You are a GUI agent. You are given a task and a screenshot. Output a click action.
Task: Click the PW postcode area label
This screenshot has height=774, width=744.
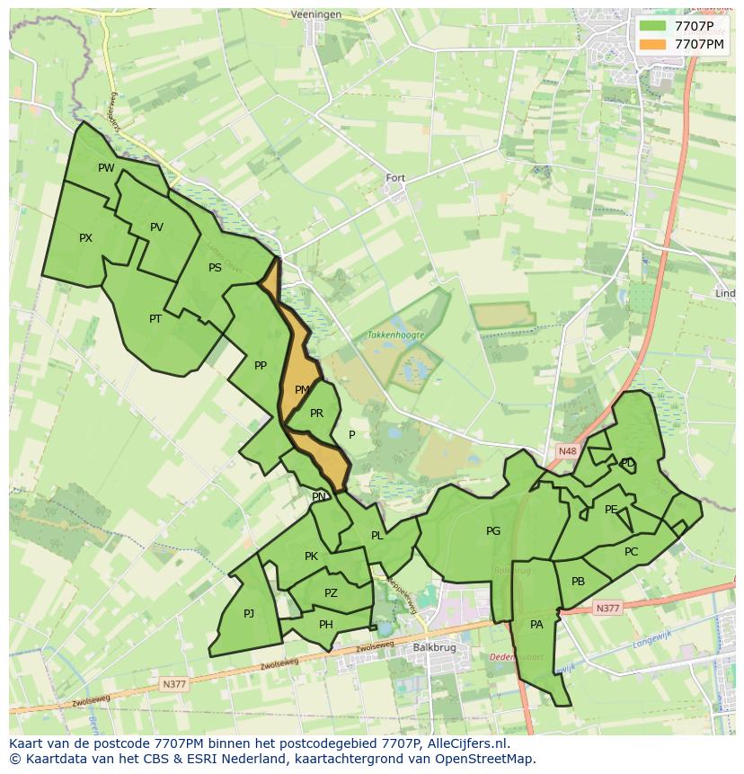(106, 168)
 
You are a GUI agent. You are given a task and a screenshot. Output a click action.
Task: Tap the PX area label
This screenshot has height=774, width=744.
(85, 238)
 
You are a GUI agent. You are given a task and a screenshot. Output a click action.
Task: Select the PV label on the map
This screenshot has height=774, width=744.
(156, 227)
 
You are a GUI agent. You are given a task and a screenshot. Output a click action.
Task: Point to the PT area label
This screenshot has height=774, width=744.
(155, 319)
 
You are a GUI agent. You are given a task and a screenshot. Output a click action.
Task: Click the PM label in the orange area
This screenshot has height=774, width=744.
(302, 390)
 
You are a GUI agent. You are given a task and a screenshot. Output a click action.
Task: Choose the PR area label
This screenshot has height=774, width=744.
(316, 414)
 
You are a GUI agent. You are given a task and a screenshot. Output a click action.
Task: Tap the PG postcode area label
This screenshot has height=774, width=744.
(493, 531)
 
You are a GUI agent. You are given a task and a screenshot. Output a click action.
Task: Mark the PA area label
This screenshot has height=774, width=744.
(536, 625)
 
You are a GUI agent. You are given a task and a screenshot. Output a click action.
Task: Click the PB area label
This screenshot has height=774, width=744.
(578, 582)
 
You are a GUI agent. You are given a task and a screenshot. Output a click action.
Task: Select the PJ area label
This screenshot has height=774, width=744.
(249, 614)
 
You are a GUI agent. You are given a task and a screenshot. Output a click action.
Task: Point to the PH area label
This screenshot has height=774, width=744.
(326, 625)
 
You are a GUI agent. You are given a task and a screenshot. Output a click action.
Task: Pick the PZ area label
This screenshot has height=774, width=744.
(331, 593)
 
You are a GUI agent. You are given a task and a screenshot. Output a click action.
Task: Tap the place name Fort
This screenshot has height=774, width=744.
(395, 178)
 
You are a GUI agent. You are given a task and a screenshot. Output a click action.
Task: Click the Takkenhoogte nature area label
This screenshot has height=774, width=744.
(395, 334)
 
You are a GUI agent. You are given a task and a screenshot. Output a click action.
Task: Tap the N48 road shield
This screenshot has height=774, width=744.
(566, 451)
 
